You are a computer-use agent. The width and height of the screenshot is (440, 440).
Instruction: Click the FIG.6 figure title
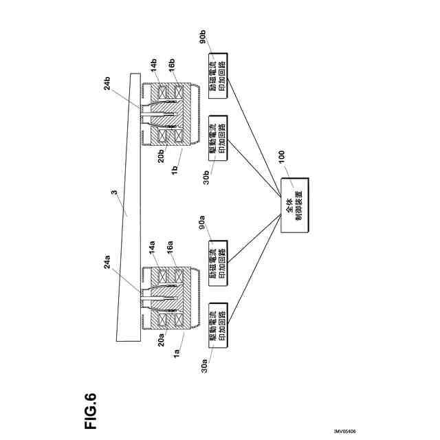91,410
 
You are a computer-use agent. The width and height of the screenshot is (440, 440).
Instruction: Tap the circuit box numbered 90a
220,252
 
